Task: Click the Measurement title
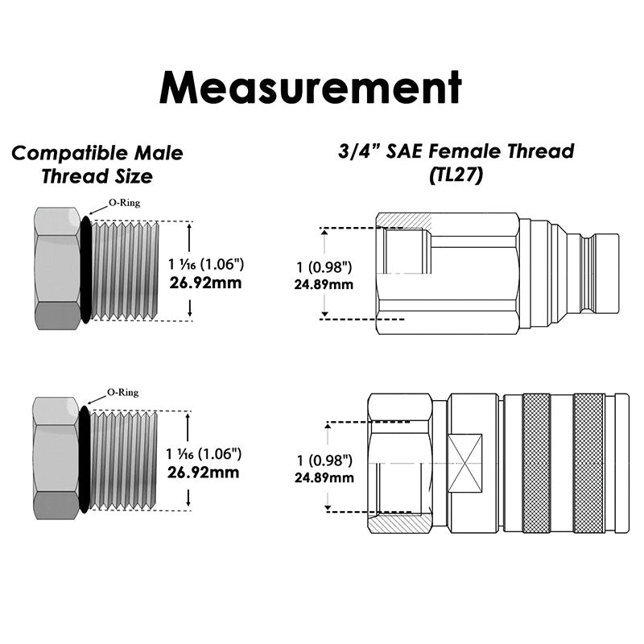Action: pos(310,86)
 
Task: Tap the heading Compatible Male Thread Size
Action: pos(97,163)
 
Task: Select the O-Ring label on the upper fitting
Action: pos(123,203)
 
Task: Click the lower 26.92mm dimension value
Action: pos(204,472)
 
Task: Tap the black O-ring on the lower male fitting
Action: pos(84,460)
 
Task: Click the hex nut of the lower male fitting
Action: pos(56,460)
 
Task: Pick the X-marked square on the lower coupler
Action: pos(465,464)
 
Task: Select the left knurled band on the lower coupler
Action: pos(536,463)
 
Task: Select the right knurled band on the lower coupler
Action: pos(589,463)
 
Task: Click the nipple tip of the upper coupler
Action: pos(605,273)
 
